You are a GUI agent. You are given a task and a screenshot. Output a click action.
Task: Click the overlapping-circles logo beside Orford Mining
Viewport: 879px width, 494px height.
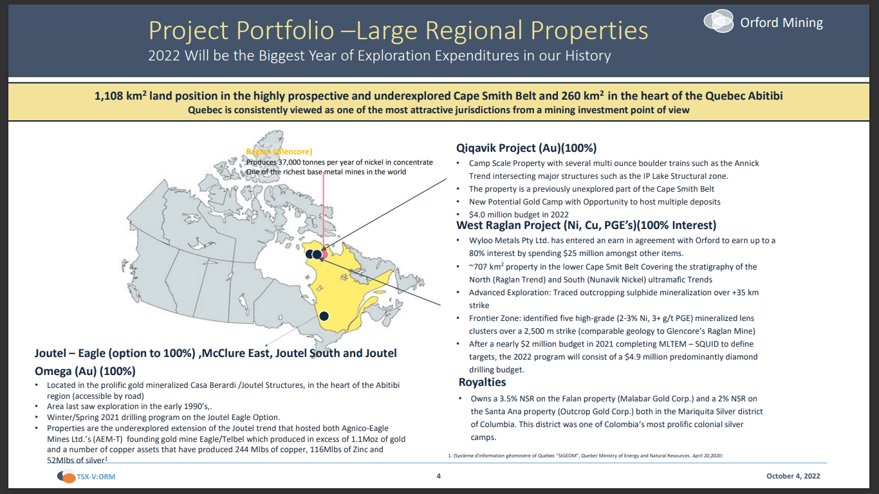(x=718, y=21)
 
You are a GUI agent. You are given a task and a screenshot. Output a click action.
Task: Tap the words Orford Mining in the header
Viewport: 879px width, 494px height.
(x=781, y=23)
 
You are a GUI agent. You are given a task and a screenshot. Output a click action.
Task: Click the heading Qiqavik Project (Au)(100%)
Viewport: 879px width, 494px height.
(x=526, y=147)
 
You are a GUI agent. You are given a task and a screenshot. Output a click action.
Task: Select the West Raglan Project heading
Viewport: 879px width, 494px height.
(x=586, y=225)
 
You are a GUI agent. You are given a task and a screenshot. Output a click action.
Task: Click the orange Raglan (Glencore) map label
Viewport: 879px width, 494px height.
(x=279, y=152)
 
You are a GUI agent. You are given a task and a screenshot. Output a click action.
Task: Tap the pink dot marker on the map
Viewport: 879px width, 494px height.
(x=324, y=254)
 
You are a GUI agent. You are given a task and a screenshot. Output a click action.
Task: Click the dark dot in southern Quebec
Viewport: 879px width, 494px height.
(x=324, y=316)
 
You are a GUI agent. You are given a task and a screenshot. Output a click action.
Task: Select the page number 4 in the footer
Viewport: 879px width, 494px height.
(x=439, y=477)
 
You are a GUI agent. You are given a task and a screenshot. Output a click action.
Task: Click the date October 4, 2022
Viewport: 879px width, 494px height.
(x=793, y=477)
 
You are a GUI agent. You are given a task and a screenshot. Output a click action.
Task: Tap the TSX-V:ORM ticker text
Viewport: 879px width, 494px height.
(x=96, y=477)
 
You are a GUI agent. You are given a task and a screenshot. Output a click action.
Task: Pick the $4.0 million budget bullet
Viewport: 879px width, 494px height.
(x=519, y=214)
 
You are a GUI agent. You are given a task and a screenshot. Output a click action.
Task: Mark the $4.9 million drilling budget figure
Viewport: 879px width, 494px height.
(x=685, y=356)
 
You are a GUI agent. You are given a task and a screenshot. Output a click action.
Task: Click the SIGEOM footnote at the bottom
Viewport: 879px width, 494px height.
(x=585, y=455)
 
